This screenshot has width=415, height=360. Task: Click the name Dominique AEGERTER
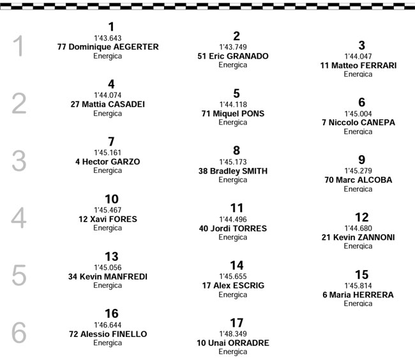coord(114,47)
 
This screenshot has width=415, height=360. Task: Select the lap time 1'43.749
coord(233,47)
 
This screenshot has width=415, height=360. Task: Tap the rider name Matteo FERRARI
coord(364,65)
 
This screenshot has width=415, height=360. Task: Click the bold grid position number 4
coord(111,84)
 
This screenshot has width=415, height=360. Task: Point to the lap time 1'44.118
coord(233,105)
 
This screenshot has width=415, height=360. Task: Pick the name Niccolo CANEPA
coord(362,123)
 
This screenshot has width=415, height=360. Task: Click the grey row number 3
coord(19,161)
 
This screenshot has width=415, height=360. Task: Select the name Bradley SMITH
coord(239,171)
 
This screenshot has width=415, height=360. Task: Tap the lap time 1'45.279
coord(358,171)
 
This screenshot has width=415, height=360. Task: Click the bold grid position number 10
coord(112,199)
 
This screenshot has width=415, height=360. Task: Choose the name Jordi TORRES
coord(239,229)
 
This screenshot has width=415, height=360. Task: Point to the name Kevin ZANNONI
coord(364,237)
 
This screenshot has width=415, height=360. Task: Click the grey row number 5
coord(19,275)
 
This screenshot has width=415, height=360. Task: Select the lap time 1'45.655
coord(233,276)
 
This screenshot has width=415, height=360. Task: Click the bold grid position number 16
coord(112,313)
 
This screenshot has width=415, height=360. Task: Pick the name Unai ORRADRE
coord(239,343)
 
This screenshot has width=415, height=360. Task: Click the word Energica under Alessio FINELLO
coord(107,343)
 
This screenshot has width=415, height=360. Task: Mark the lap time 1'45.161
coord(107,153)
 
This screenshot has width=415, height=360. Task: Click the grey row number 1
coord(19,46)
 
